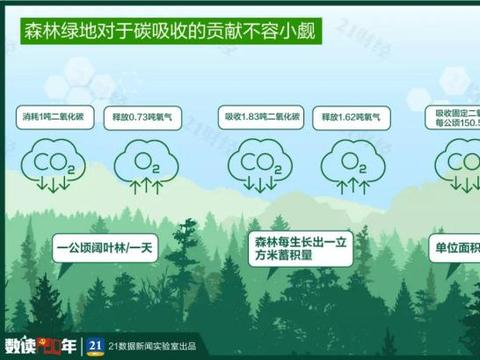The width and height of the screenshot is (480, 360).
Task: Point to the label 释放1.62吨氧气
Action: pyautogui.click(x=346, y=116)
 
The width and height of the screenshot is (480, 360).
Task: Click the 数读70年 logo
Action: pyautogui.click(x=40, y=345)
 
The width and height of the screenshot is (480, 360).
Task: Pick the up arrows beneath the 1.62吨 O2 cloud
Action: pyautogui.click(x=349, y=184)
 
